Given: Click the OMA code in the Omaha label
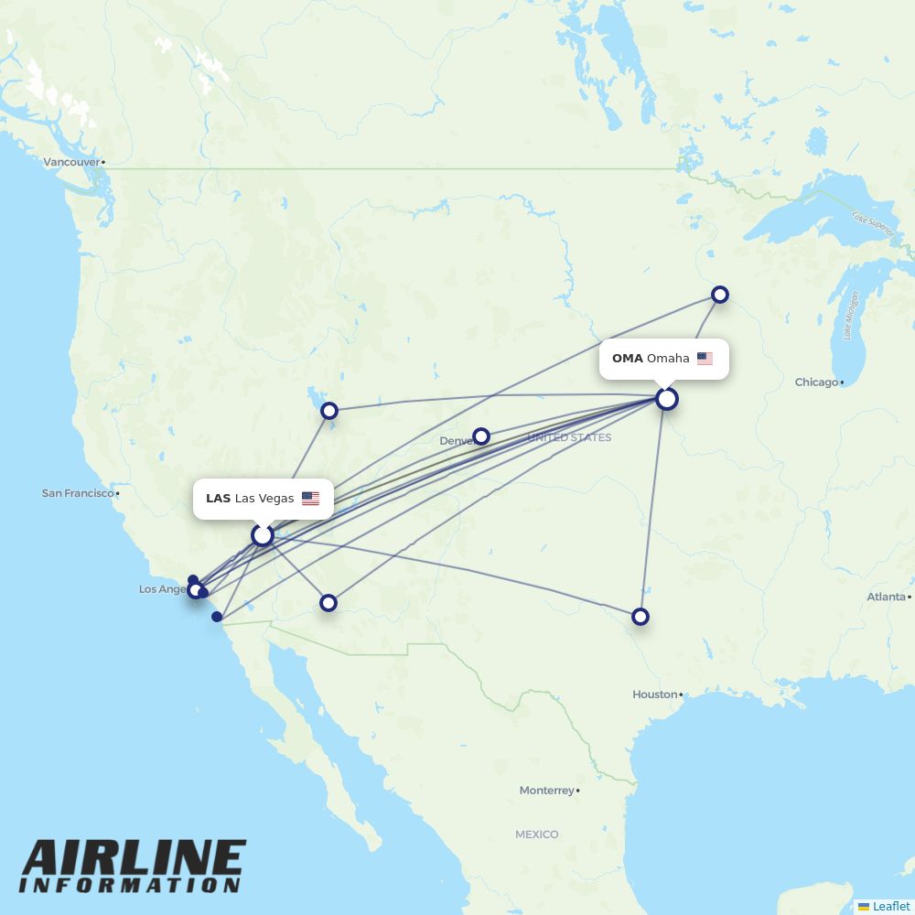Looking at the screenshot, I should (628, 359).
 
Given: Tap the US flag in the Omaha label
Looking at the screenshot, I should (705, 359).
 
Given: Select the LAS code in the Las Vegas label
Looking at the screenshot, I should (218, 499).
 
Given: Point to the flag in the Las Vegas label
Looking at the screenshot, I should (311, 499).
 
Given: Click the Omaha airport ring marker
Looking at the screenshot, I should (667, 399).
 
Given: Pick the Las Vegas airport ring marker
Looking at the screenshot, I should (263, 534).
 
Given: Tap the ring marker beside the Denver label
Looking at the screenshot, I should (481, 436).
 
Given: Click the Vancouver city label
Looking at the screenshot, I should (71, 162).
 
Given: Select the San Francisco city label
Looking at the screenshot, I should (78, 493).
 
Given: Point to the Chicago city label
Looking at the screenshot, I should (816, 382).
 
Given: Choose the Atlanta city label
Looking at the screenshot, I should (887, 597).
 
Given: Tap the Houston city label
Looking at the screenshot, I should (654, 694).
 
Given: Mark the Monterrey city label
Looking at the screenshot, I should (546, 791).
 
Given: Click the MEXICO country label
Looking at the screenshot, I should (536, 834).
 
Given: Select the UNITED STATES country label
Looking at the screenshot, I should (569, 438).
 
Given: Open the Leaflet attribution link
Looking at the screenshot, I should (890, 906).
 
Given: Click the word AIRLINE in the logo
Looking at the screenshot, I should (134, 861).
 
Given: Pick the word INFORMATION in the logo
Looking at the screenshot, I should (131, 887).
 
